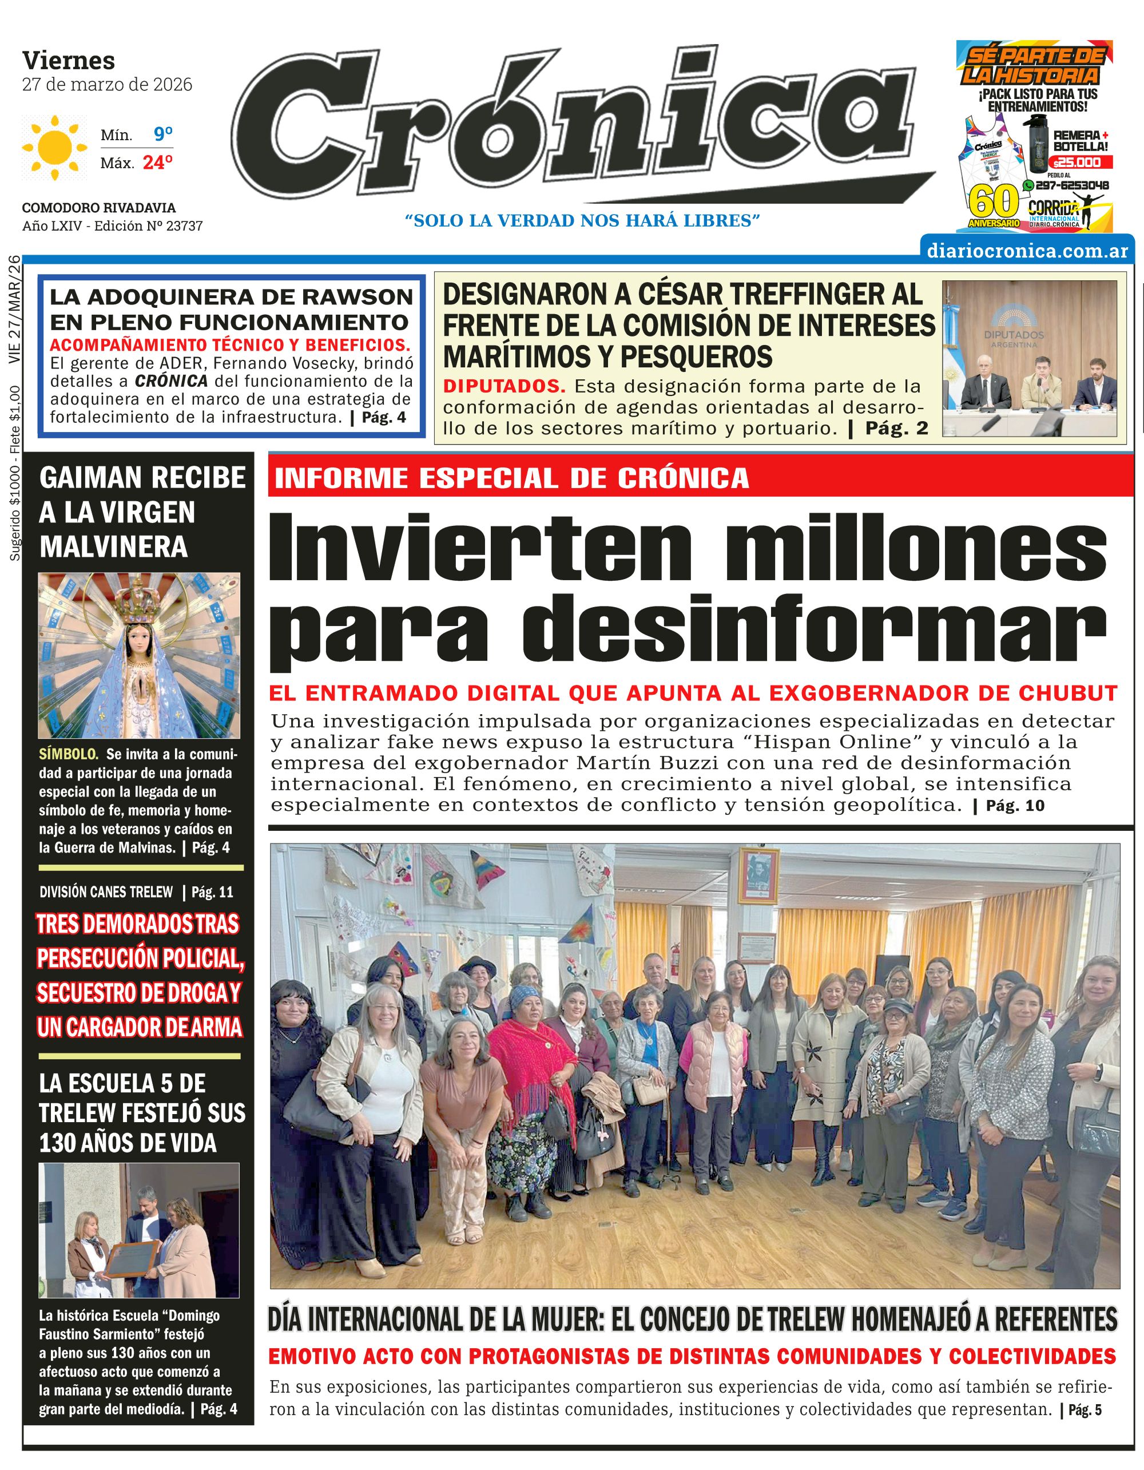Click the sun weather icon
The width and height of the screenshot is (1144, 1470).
click(x=55, y=148)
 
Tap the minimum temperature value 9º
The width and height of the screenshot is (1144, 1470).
click(x=163, y=134)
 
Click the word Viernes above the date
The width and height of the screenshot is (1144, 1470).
click(x=69, y=61)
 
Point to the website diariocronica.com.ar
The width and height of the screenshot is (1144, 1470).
click(x=1027, y=251)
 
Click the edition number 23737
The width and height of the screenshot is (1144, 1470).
click(x=184, y=226)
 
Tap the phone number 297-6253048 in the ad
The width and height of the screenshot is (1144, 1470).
click(x=1072, y=185)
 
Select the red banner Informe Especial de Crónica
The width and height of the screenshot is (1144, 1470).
click(x=511, y=478)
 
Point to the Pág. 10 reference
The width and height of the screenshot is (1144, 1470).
click(x=1015, y=806)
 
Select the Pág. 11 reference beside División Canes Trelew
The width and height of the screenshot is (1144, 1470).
click(x=212, y=892)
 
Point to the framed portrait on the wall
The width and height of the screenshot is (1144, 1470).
click(x=758, y=875)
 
